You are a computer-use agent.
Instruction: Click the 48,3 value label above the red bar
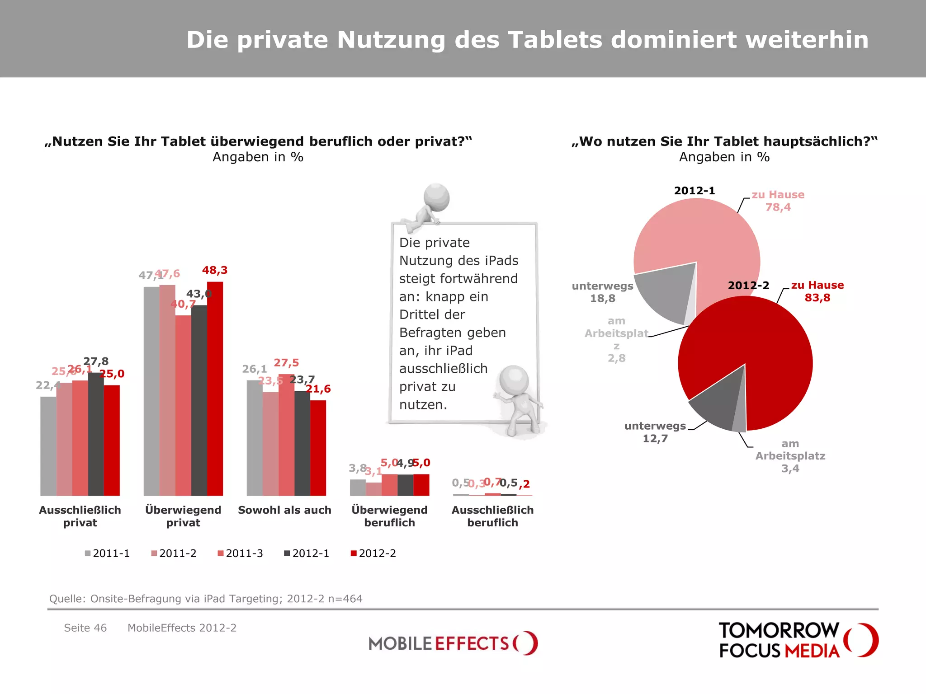pyautogui.click(x=215, y=270)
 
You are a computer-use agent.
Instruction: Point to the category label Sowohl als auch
pyautogui.click(x=284, y=510)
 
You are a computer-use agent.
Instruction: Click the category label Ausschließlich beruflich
pyautogui.click(x=492, y=516)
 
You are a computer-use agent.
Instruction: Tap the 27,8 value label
pyautogui.click(x=96, y=361)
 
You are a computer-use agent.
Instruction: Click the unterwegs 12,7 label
pyautogui.click(x=655, y=432)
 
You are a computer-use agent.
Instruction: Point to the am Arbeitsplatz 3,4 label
pyautogui.click(x=790, y=456)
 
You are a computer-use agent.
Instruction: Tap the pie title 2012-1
pyautogui.click(x=694, y=191)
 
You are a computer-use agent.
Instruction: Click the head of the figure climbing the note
pyautogui.click(x=436, y=197)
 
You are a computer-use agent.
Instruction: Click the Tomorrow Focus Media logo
pyautogui.click(x=798, y=640)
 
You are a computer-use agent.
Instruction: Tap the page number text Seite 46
pyautogui.click(x=85, y=628)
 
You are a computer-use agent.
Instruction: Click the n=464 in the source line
pyautogui.click(x=345, y=599)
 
